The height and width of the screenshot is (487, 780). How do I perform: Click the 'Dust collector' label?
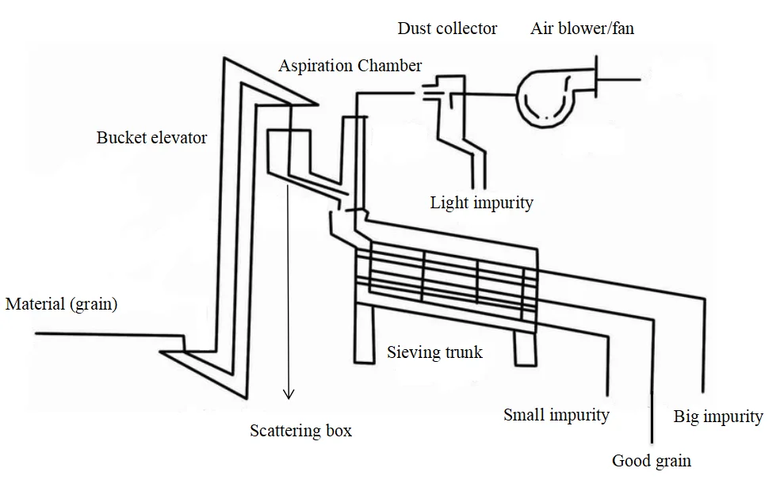[447, 29]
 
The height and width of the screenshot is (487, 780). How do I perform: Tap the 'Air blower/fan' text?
[582, 29]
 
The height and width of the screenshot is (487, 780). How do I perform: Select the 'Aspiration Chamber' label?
[350, 66]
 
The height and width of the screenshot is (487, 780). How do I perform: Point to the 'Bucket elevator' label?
[151, 138]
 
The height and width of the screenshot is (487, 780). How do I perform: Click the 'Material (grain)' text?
[61, 303]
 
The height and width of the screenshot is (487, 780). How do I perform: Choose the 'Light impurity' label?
[481, 203]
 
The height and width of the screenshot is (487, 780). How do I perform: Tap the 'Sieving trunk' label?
[434, 352]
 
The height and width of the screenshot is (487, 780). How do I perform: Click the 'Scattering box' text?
[300, 430]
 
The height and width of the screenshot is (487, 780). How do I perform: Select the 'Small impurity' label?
[556, 415]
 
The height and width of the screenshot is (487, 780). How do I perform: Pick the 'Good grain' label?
[652, 461]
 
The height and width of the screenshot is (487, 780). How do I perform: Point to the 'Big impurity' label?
[718, 417]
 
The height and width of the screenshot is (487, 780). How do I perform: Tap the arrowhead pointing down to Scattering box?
[289, 394]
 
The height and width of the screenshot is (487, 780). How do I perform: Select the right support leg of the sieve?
[526, 348]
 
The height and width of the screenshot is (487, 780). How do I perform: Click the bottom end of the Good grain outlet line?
[652, 442]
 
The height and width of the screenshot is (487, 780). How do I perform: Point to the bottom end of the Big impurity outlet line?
[703, 392]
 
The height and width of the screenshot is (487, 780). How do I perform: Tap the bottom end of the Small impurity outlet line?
[607, 396]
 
